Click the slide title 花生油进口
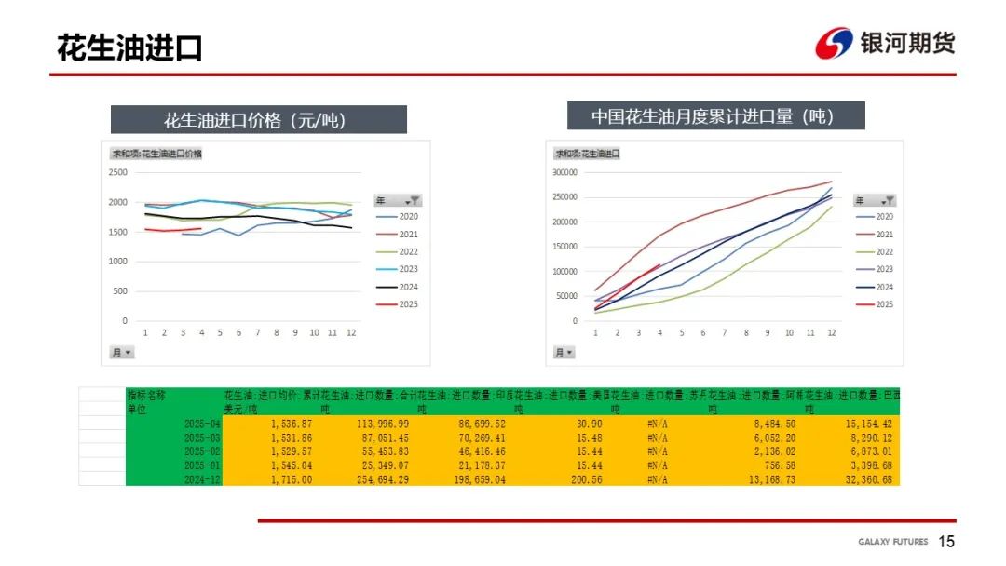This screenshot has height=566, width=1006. [129, 48]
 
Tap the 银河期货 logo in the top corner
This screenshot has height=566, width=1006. [885, 43]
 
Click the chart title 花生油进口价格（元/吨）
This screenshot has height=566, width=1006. [259, 120]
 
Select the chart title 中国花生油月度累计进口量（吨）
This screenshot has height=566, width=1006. [715, 116]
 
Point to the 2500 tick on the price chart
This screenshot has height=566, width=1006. [117, 172]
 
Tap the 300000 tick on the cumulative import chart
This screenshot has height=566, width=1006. [565, 172]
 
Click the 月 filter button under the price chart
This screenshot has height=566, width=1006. [122, 352]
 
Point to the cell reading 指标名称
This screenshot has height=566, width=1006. [147, 395]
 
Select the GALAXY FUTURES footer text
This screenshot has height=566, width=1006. [892, 542]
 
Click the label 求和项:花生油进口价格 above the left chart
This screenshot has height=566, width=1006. [157, 154]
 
